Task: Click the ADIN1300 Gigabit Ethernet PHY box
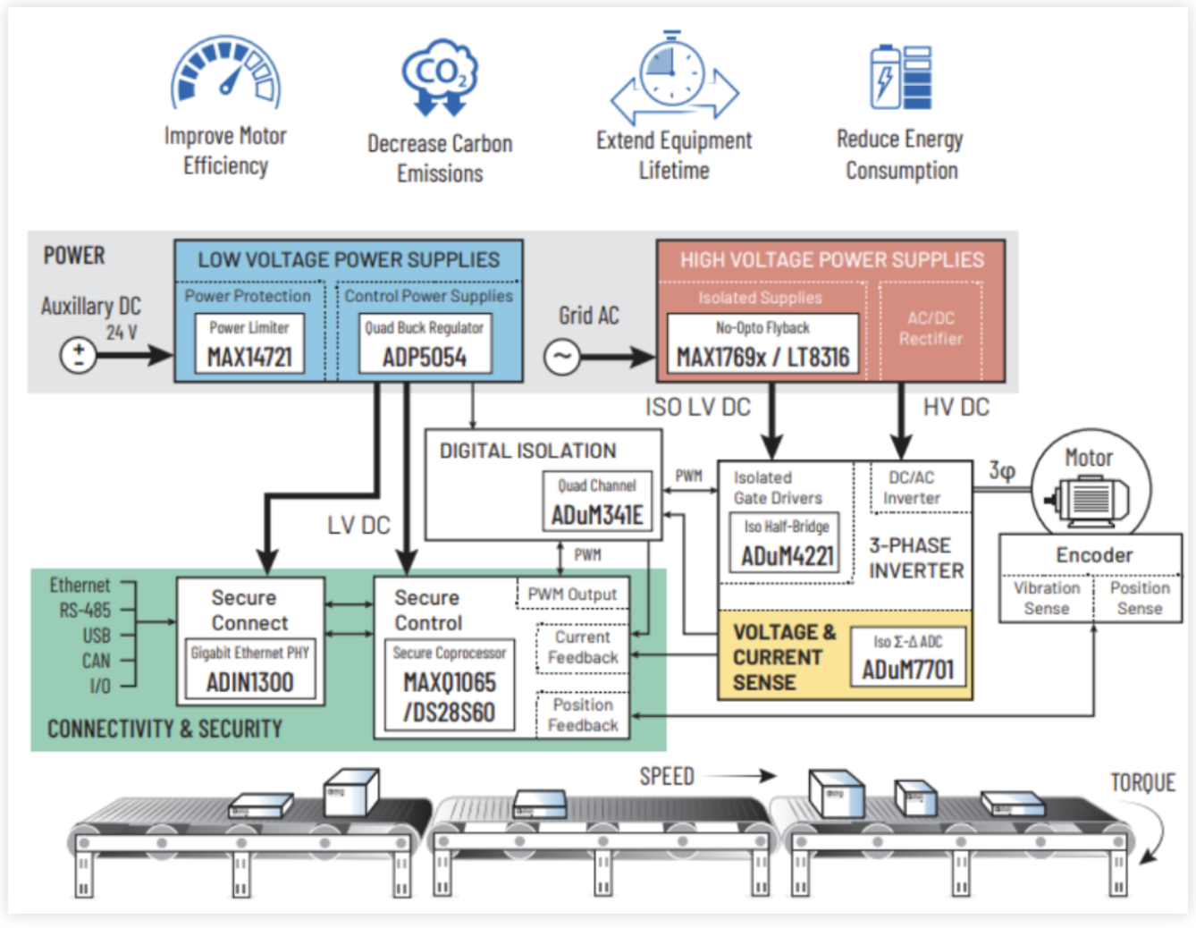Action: click(249, 670)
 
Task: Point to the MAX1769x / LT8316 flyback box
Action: click(762, 344)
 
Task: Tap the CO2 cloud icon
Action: click(440, 77)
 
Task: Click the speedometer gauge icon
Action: click(226, 72)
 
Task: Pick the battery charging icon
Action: click(901, 77)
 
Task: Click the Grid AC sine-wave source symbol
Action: click(561, 357)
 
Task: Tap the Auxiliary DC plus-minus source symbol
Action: click(78, 355)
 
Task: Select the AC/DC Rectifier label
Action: click(931, 328)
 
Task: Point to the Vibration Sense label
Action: click(1046, 598)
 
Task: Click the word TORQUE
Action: click(1142, 783)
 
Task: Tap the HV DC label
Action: click(956, 408)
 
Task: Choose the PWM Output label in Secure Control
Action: click(572, 595)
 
